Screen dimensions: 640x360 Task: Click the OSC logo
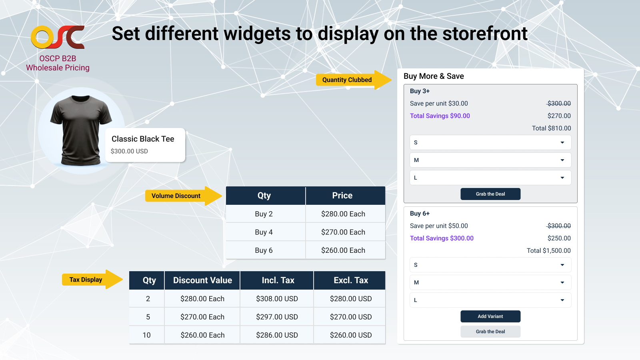(58, 37)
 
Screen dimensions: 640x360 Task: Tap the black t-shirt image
(81, 130)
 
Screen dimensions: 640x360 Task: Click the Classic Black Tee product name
(143, 139)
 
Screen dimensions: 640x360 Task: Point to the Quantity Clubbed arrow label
(354, 80)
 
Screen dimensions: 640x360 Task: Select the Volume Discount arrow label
(184, 196)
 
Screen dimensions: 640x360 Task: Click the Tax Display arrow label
(92, 280)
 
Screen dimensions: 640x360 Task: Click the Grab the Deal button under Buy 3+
(490, 194)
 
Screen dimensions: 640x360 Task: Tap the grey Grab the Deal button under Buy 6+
(490, 332)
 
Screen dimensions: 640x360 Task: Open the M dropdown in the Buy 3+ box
(490, 160)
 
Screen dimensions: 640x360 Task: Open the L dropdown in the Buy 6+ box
(490, 300)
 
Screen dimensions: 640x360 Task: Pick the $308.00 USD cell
(276, 298)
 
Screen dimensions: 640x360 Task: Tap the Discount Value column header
(202, 280)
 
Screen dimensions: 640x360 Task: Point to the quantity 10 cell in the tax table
(146, 335)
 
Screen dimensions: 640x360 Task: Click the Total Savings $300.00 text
(442, 238)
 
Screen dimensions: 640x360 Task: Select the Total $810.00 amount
(552, 128)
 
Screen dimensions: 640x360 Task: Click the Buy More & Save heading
(434, 76)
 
